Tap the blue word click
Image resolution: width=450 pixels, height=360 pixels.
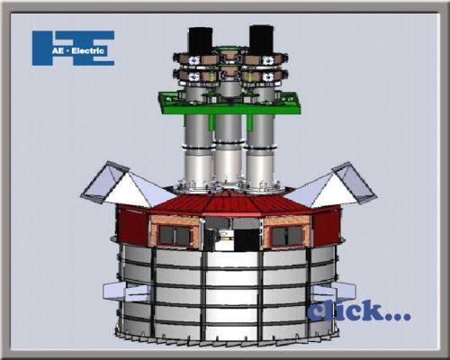[358, 312]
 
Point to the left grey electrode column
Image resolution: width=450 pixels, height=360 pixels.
[195, 153]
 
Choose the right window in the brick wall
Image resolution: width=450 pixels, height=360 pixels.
[285, 236]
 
